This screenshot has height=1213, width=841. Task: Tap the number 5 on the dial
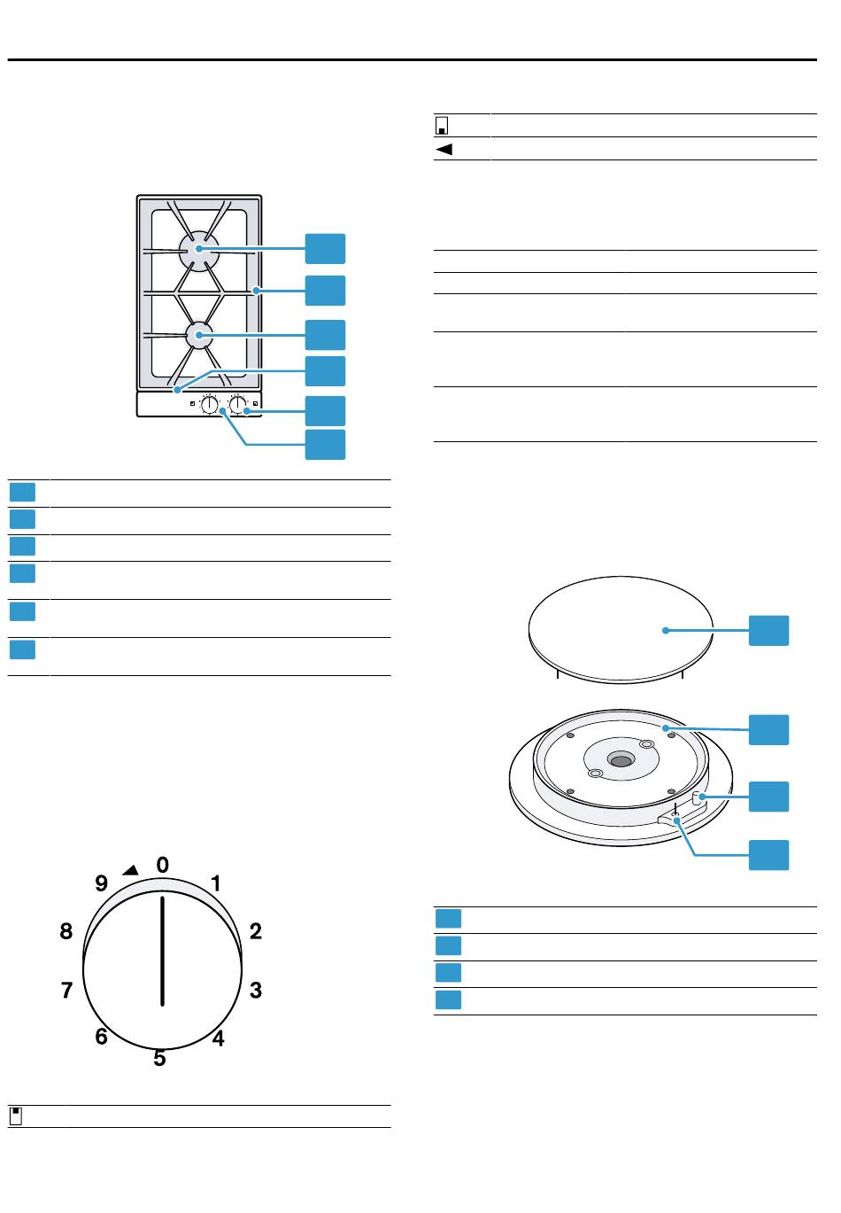pyautogui.click(x=159, y=1058)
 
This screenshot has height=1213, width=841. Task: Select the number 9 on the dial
pyautogui.click(x=101, y=883)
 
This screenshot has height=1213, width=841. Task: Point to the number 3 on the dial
pyautogui.click(x=255, y=991)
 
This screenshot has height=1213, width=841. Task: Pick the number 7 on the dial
pyautogui.click(x=66, y=991)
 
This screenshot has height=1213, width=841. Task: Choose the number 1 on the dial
pyautogui.click(x=216, y=883)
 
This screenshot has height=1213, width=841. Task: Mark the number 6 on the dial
pyautogui.click(x=102, y=1036)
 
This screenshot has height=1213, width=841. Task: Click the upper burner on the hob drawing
pyautogui.click(x=198, y=250)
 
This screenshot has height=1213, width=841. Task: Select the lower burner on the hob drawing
pyautogui.click(x=200, y=335)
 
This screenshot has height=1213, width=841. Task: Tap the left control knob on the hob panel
pyautogui.click(x=210, y=405)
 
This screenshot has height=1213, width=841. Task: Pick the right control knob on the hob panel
pyautogui.click(x=237, y=405)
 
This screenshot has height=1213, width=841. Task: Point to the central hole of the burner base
pyautogui.click(x=621, y=760)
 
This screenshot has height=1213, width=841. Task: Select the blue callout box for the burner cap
pyautogui.click(x=768, y=630)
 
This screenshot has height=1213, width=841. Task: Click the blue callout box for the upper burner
pyautogui.click(x=325, y=249)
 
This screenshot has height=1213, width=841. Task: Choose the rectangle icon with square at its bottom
pyautogui.click(x=442, y=126)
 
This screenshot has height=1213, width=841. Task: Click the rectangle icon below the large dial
pyautogui.click(x=16, y=1116)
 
